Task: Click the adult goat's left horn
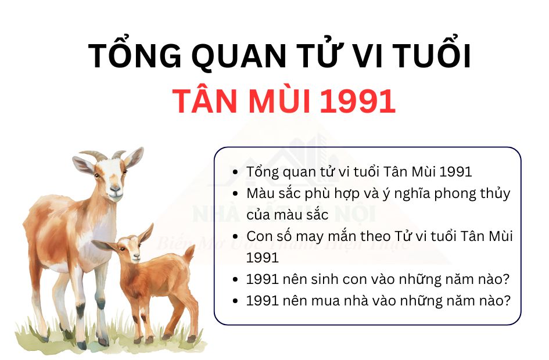[93, 155]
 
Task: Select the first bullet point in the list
[234, 172]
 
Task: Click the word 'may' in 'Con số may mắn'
[328, 236]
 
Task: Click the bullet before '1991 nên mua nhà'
[234, 301]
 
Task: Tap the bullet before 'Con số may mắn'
[234, 237]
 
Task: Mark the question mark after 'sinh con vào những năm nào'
[506, 279]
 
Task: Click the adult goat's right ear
[134, 157]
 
